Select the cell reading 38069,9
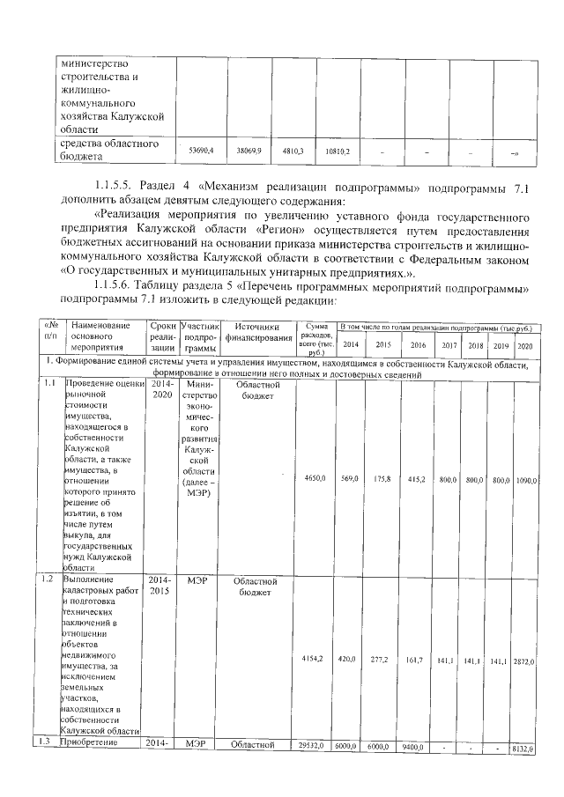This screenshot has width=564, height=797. [x=249, y=151]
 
